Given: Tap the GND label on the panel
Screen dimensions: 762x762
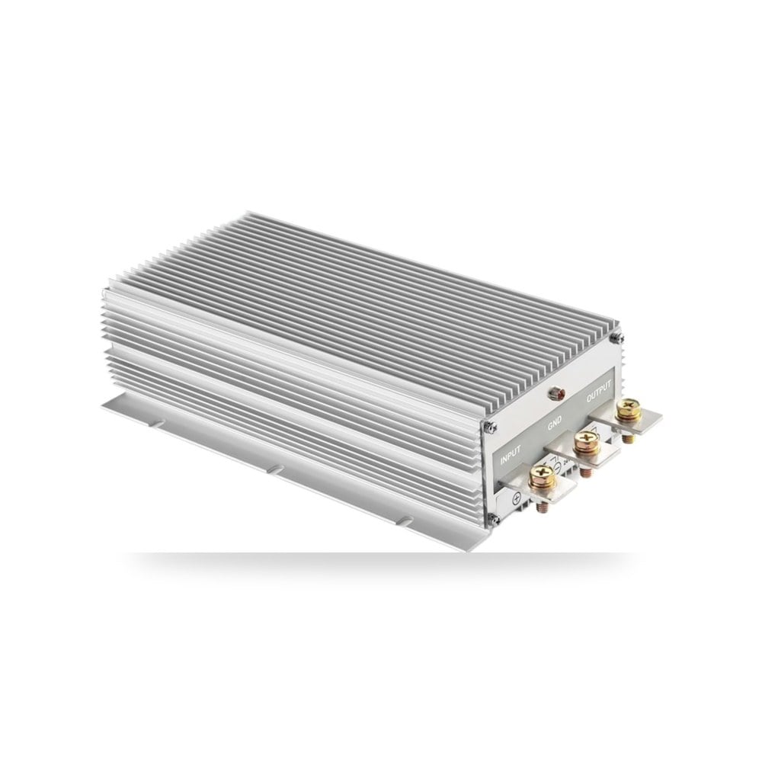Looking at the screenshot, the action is tap(555, 423).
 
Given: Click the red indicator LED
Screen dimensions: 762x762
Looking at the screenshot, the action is tap(553, 392).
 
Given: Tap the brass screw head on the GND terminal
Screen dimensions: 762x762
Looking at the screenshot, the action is tap(585, 443).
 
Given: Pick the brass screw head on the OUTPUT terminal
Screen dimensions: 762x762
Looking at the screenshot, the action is tap(627, 410).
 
